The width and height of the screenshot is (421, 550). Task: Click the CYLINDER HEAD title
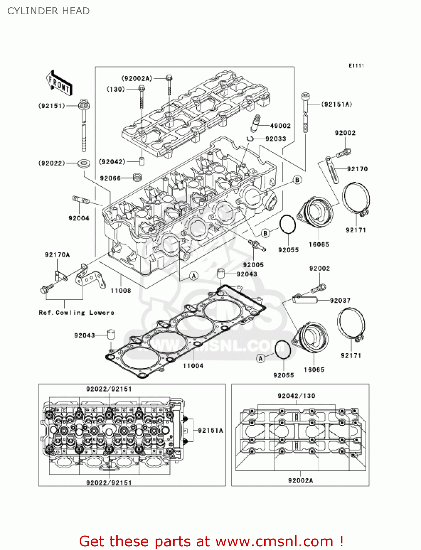tap(48, 11)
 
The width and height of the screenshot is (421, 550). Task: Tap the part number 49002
tap(280, 126)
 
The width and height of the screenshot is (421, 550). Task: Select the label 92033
tap(275, 139)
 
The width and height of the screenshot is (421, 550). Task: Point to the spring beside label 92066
tap(137, 177)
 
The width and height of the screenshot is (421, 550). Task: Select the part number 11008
tap(121, 290)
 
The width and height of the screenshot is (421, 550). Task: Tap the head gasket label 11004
tap(193, 366)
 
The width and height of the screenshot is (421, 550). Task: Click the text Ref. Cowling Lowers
tap(76, 312)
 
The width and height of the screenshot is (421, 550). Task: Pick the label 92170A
tap(57, 254)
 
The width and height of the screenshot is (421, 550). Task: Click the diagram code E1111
tap(356, 66)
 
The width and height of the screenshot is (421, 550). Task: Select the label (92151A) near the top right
tap(337, 104)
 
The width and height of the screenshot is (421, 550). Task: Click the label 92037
tap(340, 300)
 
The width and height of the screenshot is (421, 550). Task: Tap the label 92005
tap(253, 265)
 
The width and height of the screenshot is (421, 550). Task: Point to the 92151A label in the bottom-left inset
tap(210, 430)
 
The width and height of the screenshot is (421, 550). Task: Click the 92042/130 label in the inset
tap(296, 396)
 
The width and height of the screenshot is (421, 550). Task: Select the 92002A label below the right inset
tap(300, 480)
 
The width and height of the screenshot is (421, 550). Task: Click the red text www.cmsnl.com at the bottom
tap(274, 541)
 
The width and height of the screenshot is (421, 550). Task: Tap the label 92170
tap(357, 169)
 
